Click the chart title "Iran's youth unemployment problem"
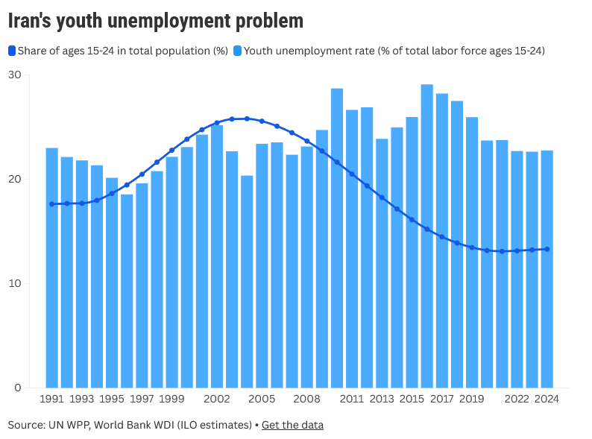tap(156, 21)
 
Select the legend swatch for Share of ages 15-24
tap(12, 51)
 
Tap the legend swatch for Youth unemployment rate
tap(238, 51)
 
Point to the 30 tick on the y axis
tap(15, 75)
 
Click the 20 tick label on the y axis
tap(15, 179)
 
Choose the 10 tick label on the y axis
tap(15, 283)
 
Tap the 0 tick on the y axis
tap(18, 388)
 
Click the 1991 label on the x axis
tap(51, 399)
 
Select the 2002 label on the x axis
tap(217, 399)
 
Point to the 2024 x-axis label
tap(547, 399)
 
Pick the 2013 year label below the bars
tap(382, 399)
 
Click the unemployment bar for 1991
tap(51, 268)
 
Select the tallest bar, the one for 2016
tap(427, 236)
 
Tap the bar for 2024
tap(547, 269)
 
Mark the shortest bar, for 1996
tap(127, 291)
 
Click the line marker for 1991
tap(51, 204)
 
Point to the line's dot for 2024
tap(547, 249)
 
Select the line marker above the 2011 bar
tap(352, 174)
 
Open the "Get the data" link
tap(292, 425)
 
